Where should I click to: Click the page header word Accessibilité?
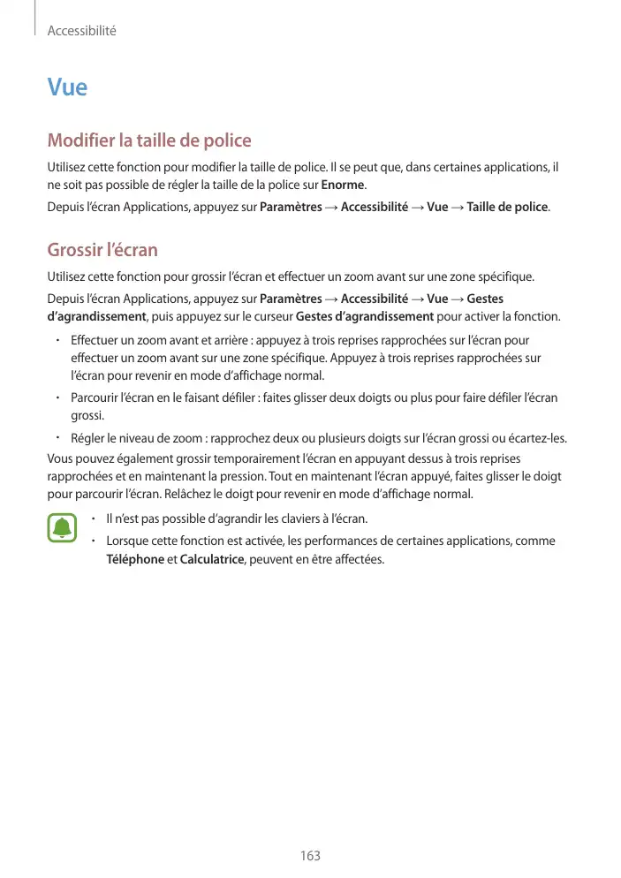tap(82, 31)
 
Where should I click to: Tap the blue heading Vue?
tap(67, 88)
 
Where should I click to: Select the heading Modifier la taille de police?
tap(149, 140)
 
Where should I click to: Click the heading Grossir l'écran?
tap(102, 250)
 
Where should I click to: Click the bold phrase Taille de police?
tap(507, 208)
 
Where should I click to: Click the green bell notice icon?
tap(62, 527)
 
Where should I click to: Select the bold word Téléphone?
tap(134, 560)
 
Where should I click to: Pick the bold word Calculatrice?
tap(211, 560)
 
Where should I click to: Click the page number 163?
tap(310, 856)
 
